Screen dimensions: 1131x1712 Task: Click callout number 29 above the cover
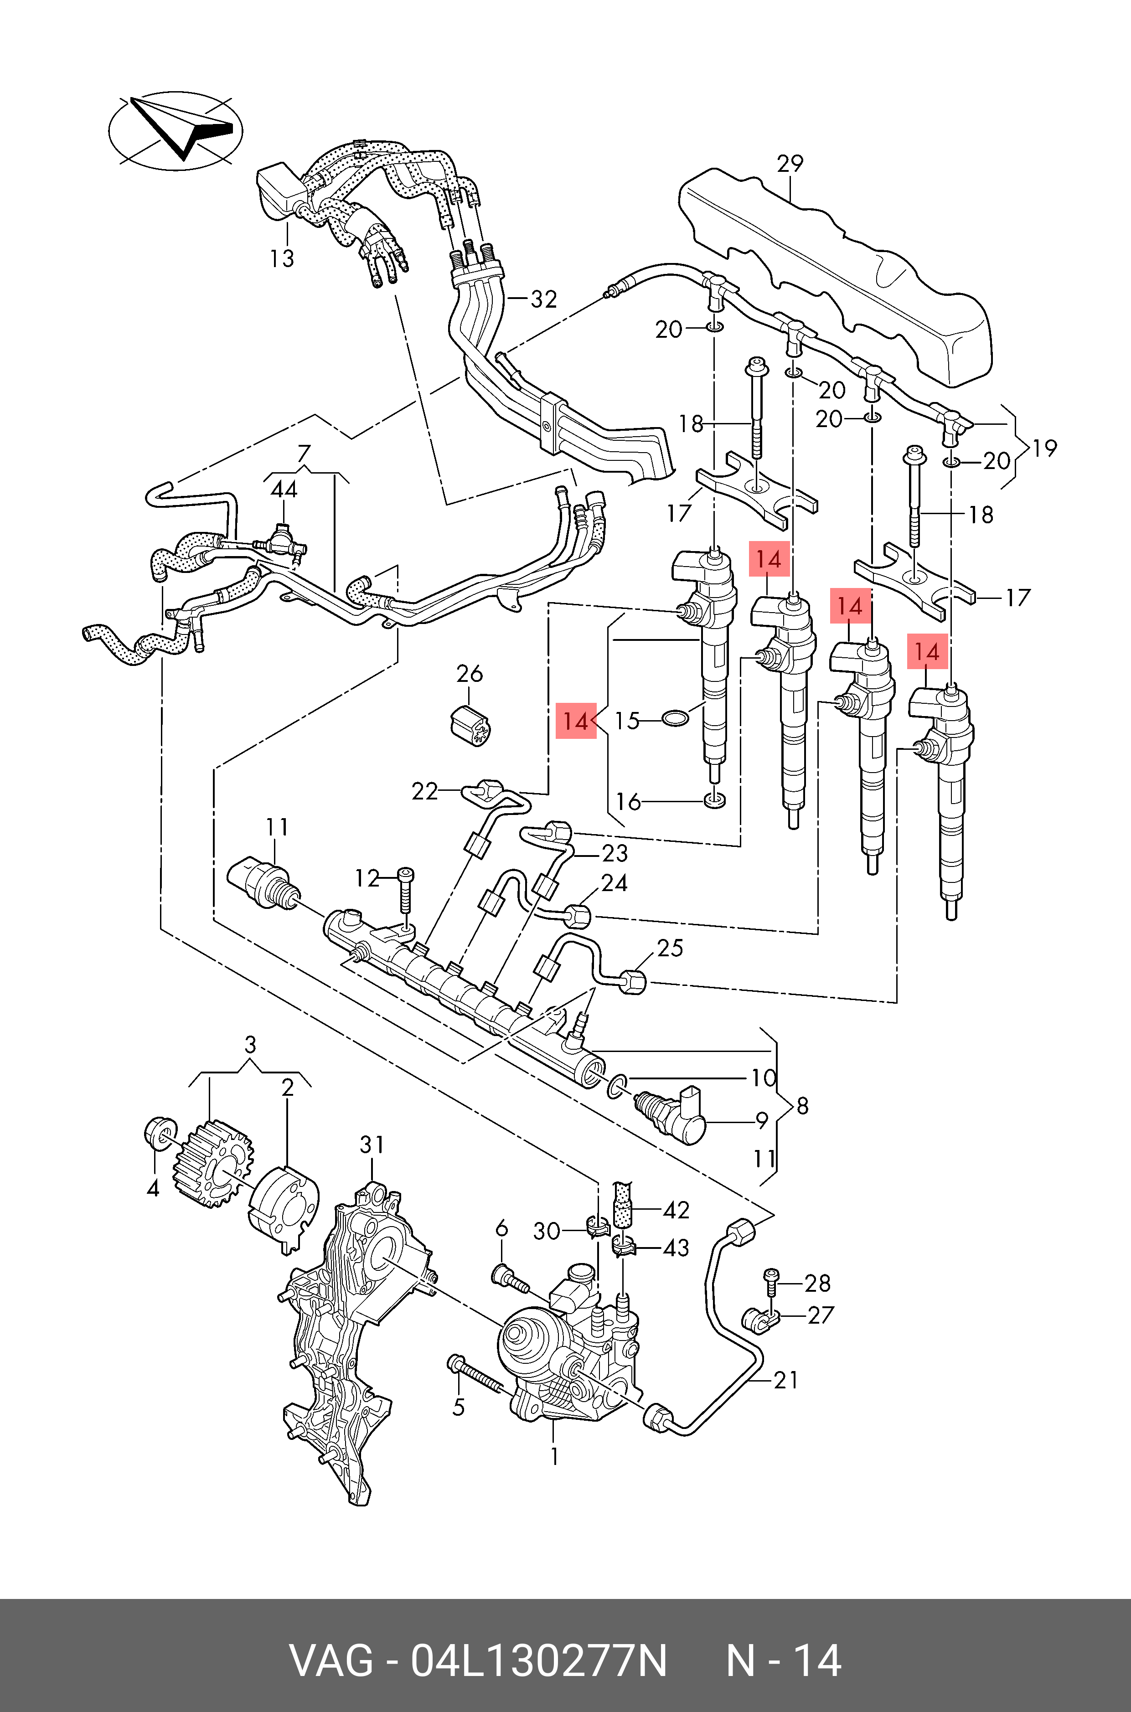tap(790, 164)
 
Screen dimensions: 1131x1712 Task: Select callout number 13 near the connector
tap(282, 258)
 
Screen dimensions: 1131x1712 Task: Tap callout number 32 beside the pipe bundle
tap(544, 299)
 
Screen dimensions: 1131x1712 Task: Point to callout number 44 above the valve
tap(284, 490)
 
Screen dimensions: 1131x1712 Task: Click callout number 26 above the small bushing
tap(470, 674)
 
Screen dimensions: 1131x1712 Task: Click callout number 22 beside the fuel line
tap(425, 792)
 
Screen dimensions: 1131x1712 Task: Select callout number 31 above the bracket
tap(372, 1145)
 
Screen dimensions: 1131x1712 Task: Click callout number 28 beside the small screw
tap(818, 1283)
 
